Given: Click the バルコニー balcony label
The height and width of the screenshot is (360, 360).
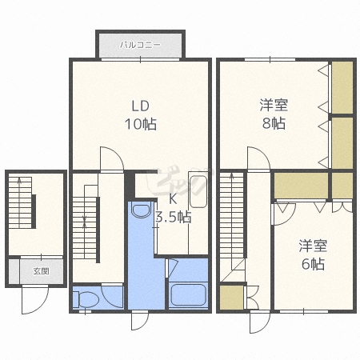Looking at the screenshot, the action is point(140,45).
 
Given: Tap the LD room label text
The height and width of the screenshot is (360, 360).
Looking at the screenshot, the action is point(141,106).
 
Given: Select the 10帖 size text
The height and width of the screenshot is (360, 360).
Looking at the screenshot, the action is point(141,124).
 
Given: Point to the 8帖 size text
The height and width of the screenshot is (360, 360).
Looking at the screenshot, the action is point(274,123).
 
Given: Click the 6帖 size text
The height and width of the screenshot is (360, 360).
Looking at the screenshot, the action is point(313,264).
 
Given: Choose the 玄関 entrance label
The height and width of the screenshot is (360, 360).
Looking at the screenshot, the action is point(42,271).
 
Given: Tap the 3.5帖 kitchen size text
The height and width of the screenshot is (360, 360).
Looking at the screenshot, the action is point(173,217).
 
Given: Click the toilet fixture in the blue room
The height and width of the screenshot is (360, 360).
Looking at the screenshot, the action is point(86,299).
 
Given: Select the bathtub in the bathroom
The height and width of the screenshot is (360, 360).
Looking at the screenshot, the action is point(188,295).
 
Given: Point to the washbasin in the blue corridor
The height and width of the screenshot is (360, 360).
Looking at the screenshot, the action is point(141,210).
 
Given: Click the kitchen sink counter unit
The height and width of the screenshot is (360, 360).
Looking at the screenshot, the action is point(198,190).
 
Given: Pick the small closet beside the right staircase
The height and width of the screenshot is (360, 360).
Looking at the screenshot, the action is point(231,298).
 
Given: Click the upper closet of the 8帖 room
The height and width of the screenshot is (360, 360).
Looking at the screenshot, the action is point(342,87).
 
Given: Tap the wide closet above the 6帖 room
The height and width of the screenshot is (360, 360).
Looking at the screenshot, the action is point(301,186).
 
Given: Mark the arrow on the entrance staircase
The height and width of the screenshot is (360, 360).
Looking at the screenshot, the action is point(19,202).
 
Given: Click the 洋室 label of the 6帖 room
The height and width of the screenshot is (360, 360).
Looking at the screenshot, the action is point(313,246).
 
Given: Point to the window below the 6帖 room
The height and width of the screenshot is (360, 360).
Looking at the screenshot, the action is point(304,311).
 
